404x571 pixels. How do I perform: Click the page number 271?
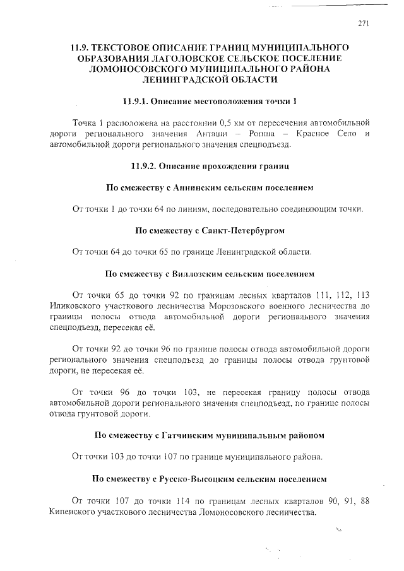[x=362, y=23]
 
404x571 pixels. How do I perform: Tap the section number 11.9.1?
[x=138, y=101]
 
